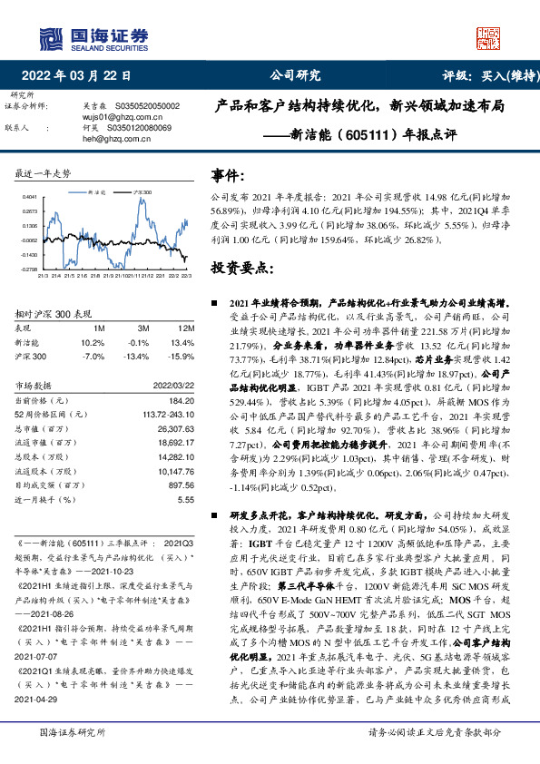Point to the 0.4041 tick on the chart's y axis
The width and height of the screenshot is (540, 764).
pos(29,196)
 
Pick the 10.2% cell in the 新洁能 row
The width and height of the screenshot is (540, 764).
pos(93,342)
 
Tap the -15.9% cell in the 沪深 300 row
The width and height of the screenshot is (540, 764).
pos(182,356)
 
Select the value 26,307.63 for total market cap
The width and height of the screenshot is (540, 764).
pos(176,426)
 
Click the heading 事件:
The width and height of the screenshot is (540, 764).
pos(227,175)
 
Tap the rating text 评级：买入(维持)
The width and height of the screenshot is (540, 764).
pos(486,76)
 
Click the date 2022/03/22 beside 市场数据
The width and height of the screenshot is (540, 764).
pos(174,386)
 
